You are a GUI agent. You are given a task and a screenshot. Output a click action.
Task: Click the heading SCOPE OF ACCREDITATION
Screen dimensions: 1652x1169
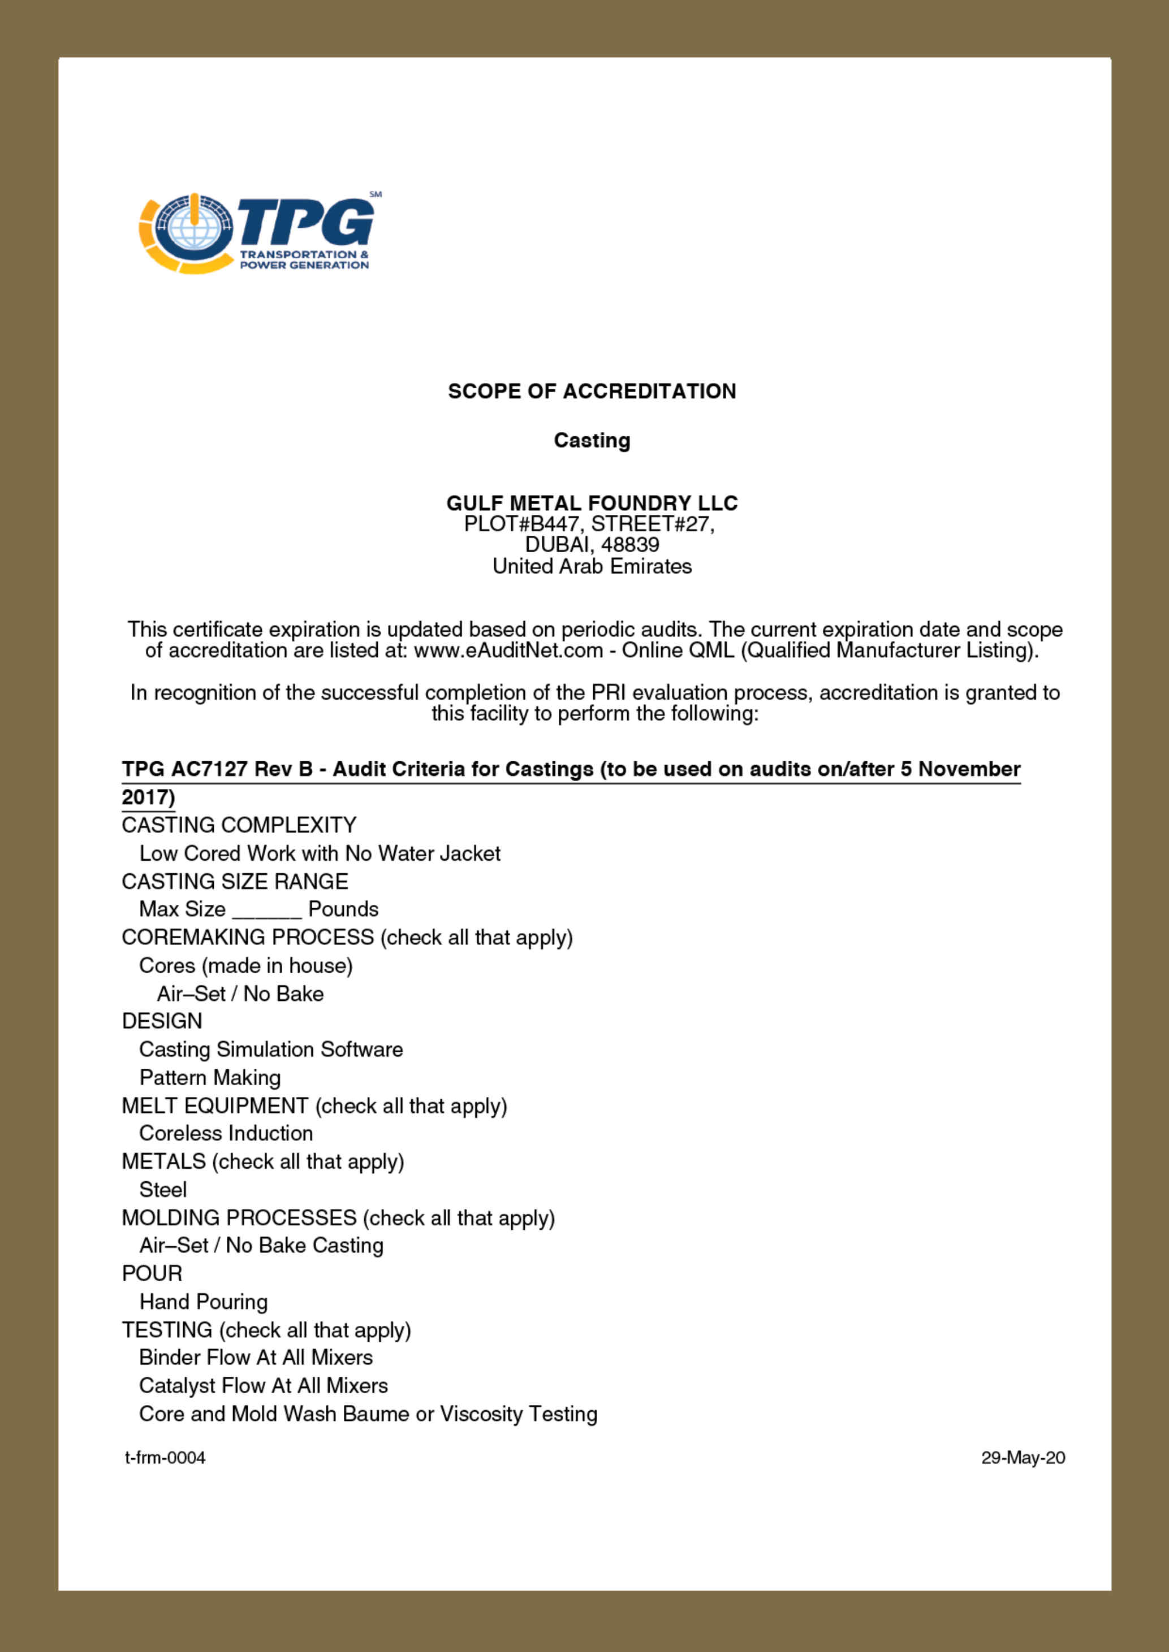[x=592, y=392]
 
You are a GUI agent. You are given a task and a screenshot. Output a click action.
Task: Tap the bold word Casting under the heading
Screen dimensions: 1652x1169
[x=592, y=440]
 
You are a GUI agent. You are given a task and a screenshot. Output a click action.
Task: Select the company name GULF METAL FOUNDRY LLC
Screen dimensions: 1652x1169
[x=592, y=503]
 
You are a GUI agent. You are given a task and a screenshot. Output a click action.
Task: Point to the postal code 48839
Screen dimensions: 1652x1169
[x=630, y=545]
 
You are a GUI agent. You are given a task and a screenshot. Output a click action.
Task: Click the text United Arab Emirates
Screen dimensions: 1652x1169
[x=592, y=566]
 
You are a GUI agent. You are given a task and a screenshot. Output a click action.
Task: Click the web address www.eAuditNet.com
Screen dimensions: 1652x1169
[x=508, y=651]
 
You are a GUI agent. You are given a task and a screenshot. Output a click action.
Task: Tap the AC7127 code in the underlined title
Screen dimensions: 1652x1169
[x=209, y=769]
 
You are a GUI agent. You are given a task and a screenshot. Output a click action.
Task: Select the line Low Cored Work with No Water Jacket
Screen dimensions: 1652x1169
[x=320, y=853]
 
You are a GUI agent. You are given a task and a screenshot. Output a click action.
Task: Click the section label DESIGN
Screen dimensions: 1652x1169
[x=162, y=1021]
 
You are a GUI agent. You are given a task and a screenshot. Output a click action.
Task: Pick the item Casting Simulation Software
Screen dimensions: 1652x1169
[x=271, y=1049]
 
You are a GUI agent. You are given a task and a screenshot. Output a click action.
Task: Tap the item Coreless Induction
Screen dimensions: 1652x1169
[x=226, y=1133]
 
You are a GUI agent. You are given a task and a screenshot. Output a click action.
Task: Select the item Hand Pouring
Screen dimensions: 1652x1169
[x=204, y=1302]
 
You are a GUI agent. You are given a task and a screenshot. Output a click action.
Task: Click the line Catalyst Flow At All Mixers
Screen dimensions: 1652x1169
[x=264, y=1386]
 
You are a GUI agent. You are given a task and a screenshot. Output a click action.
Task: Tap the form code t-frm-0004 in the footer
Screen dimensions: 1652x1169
[x=166, y=1458]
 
